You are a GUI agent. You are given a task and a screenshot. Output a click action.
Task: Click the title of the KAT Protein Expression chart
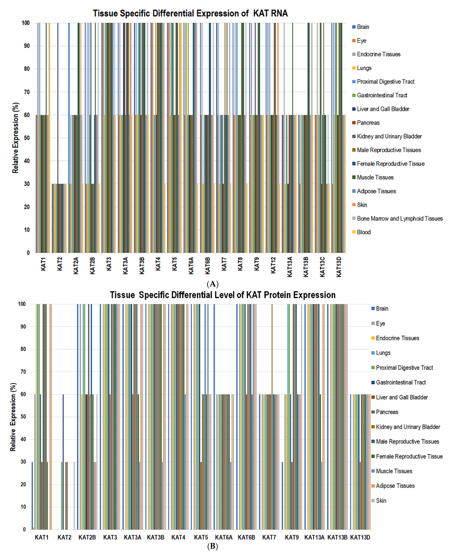pyautogui.click(x=223, y=295)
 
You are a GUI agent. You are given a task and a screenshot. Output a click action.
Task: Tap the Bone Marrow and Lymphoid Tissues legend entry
pyautogui.click(x=399, y=218)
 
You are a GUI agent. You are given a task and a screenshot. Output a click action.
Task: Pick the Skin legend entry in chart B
pyautogui.click(x=381, y=501)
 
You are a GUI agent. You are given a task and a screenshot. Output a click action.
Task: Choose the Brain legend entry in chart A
pyautogui.click(x=363, y=27)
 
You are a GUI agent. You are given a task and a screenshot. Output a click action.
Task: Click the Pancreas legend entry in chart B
pyautogui.click(x=387, y=412)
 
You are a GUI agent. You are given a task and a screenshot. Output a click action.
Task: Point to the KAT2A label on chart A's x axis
pyautogui.click(x=76, y=266)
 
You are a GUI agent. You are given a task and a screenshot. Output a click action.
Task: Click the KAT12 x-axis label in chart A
pyautogui.click(x=273, y=265)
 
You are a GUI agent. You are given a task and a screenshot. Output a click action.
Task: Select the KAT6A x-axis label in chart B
pyautogui.click(x=224, y=537)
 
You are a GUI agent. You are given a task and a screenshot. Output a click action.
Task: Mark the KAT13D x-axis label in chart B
pyautogui.click(x=360, y=537)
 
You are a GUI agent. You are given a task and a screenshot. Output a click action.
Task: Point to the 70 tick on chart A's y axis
pyautogui.click(x=27, y=92)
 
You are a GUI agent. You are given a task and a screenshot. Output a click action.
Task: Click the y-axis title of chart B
pyautogui.click(x=13, y=417)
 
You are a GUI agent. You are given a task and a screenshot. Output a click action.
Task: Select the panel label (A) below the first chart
pyautogui.click(x=212, y=284)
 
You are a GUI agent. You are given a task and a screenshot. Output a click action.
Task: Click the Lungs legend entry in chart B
pyautogui.click(x=383, y=353)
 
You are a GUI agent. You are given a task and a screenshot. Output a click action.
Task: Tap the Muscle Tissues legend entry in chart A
pyautogui.click(x=375, y=177)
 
